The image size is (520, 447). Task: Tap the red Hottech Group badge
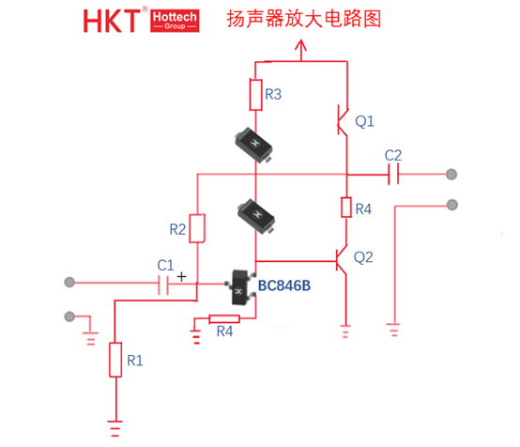pos(175,21)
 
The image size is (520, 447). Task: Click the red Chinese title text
pos(303,19)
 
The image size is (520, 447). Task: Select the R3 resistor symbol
pos(255,95)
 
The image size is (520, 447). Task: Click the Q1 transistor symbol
pos(343,120)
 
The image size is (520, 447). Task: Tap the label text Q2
pos(363,257)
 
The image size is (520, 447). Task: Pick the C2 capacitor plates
pos(393,174)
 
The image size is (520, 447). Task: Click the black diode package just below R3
pos(253,145)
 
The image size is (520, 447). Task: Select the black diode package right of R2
pos(256,216)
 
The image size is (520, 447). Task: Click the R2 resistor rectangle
pos(197,228)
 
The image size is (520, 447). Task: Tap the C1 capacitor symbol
pos(163,284)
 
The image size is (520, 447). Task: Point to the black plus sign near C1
pos(181,276)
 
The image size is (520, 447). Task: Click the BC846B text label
pos(284,285)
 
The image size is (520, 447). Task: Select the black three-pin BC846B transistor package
pos(241,287)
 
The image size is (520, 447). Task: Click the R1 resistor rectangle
pos(115,360)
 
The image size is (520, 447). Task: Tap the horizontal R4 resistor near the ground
pos(224,319)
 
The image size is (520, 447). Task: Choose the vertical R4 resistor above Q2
pos(346,208)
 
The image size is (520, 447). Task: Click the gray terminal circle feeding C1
pos(69,282)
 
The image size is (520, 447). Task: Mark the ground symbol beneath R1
pos(115,428)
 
